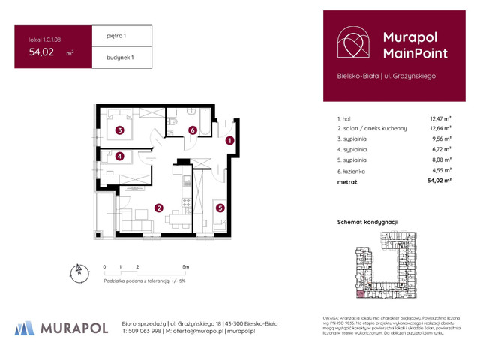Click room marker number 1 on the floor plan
[x=230, y=140]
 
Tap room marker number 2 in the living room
[x=159, y=208]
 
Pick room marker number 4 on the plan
[x=119, y=156]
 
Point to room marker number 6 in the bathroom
[x=193, y=130]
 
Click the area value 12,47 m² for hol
[x=439, y=118]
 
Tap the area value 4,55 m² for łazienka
[x=439, y=170]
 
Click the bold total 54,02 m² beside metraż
[x=438, y=181]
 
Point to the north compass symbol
[x=76, y=272]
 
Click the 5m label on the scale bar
[x=185, y=267]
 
